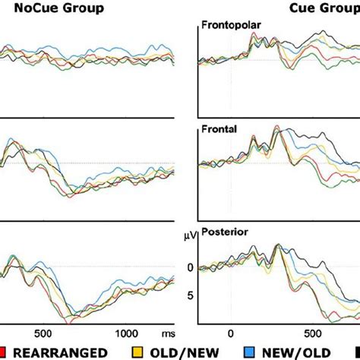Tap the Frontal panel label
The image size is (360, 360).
(x=219, y=129)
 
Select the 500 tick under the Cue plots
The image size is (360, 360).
(x=312, y=333)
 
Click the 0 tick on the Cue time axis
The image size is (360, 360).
(x=230, y=333)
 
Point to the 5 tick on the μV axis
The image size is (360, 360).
(x=190, y=295)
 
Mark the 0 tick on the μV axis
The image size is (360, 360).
(x=190, y=267)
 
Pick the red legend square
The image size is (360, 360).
(x=5, y=352)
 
